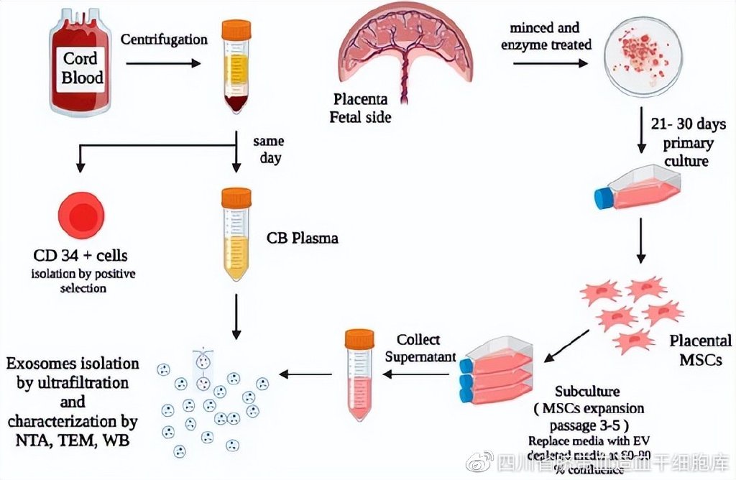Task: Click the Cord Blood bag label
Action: (x=82, y=67)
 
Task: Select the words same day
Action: (x=269, y=149)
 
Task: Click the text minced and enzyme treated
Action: (x=551, y=37)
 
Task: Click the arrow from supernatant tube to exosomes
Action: (x=305, y=374)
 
